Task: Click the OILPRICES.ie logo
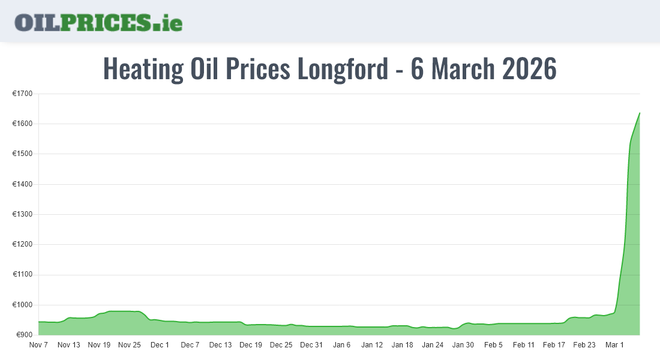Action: [98, 22]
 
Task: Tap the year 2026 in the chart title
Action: [529, 69]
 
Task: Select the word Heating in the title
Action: [143, 69]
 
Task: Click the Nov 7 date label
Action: [38, 345]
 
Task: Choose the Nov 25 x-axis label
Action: [130, 345]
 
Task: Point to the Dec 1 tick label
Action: [160, 345]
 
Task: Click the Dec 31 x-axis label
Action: [311, 345]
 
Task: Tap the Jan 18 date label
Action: [403, 345]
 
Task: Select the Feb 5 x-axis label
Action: [493, 345]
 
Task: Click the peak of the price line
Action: [640, 113]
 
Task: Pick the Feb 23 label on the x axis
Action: [584, 345]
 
